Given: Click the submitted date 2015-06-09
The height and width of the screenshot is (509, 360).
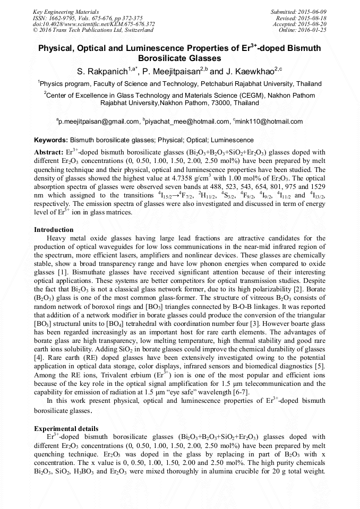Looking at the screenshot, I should [311, 11].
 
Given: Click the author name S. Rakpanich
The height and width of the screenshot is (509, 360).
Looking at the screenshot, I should [104, 71].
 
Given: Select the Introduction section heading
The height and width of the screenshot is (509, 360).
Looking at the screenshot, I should [54, 230].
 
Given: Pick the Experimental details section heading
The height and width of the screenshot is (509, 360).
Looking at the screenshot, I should [66, 428].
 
